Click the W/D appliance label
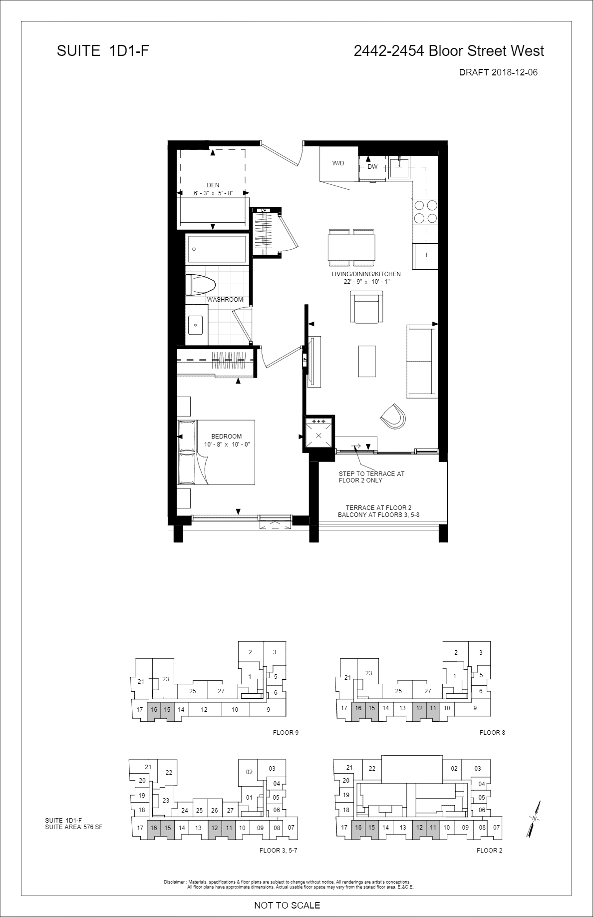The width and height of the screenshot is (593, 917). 338,163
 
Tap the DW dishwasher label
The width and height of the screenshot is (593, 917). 372,167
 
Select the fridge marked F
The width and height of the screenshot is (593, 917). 426,256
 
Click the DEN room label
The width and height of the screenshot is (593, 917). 213,185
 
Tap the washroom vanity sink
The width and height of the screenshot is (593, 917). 196,327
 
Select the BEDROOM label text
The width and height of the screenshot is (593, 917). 226,437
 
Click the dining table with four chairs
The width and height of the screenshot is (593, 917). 352,247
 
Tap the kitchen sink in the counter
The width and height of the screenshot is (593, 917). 399,167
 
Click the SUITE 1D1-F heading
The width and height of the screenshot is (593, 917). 103,51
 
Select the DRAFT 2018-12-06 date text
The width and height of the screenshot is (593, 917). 498,72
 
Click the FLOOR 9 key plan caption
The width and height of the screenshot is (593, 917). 286,733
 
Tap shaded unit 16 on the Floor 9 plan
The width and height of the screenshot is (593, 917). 154,710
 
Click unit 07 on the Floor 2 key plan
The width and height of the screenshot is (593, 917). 496,828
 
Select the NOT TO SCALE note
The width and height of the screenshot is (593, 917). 287,905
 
